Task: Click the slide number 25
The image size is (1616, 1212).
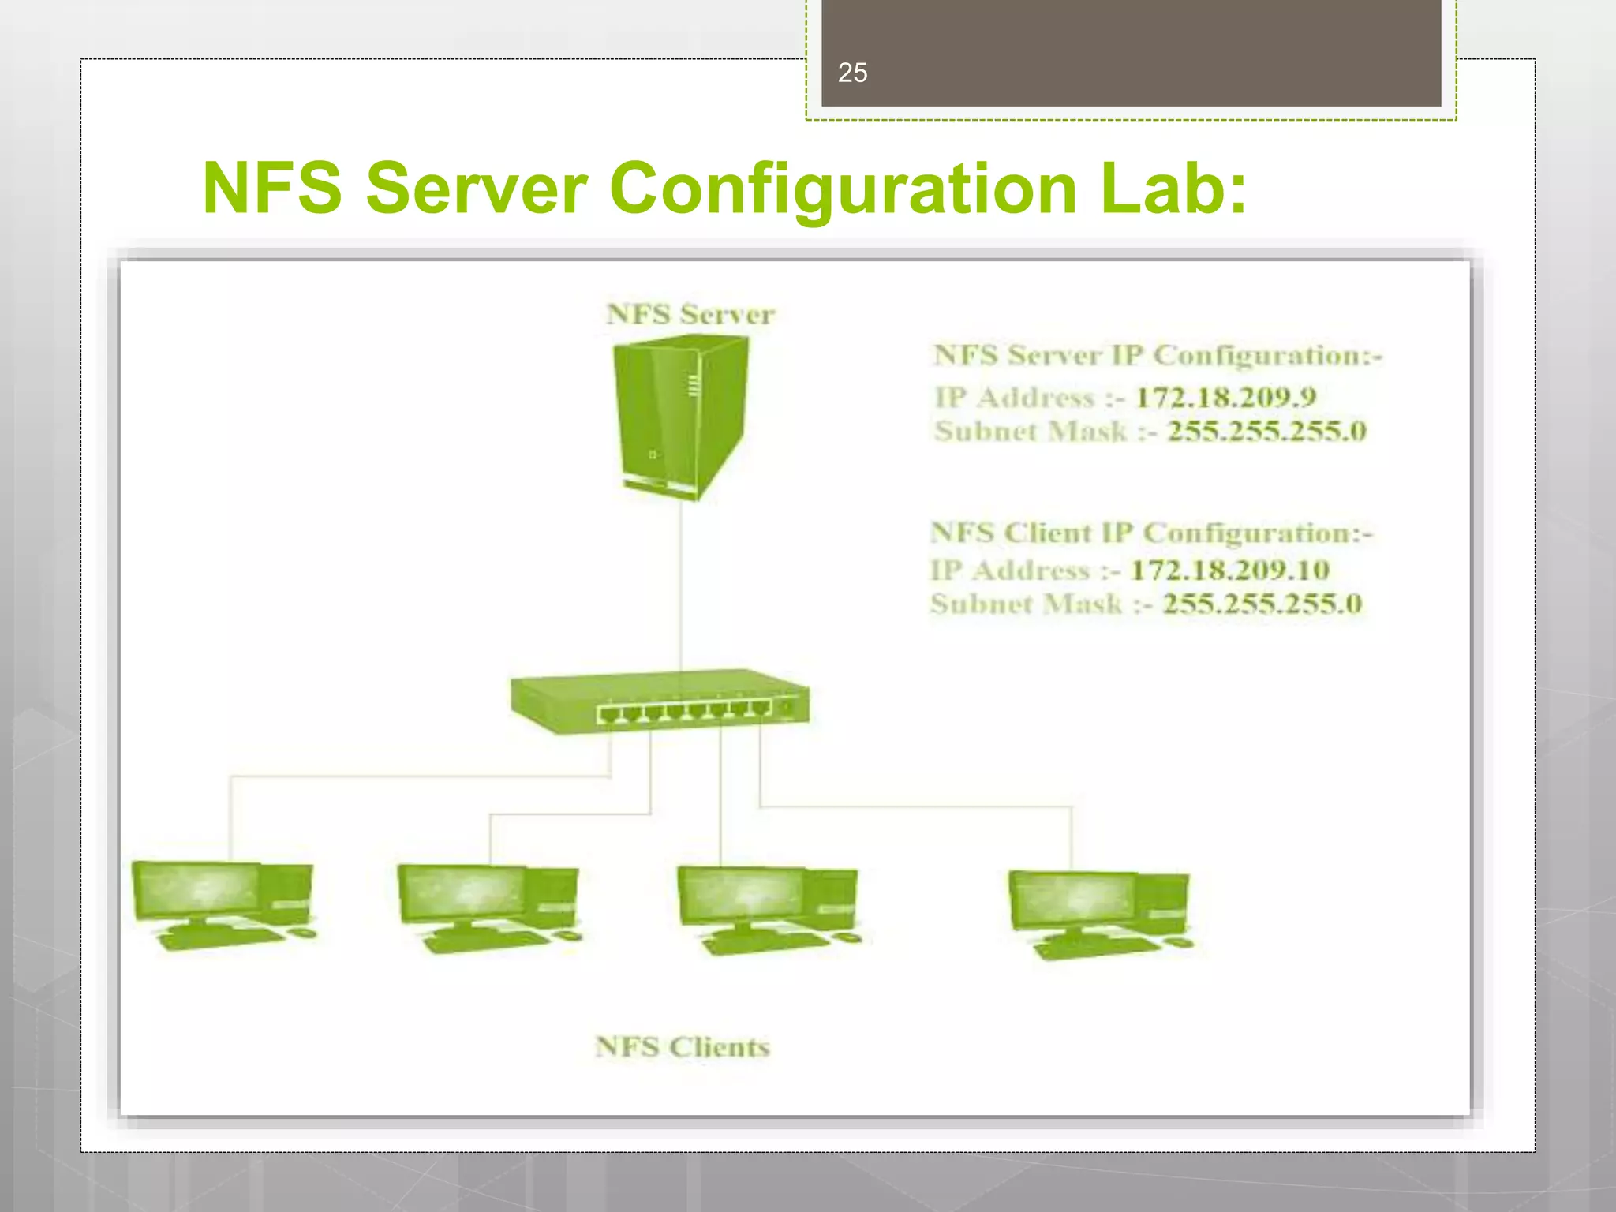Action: tap(852, 73)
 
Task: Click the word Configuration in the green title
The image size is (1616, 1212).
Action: tap(843, 189)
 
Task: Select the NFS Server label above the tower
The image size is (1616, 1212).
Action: tap(690, 314)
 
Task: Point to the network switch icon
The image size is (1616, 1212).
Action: tap(660, 701)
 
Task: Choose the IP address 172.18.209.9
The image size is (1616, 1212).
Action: tap(1225, 396)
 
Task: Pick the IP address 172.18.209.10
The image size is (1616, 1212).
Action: tap(1229, 570)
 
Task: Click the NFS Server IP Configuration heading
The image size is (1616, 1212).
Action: tap(1158, 356)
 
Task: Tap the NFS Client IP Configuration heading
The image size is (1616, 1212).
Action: tap(1151, 533)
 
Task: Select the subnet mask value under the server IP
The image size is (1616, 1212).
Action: tap(1266, 431)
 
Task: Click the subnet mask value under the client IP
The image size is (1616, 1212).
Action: tap(1262, 604)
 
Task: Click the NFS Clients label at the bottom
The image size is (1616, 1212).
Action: tap(683, 1047)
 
